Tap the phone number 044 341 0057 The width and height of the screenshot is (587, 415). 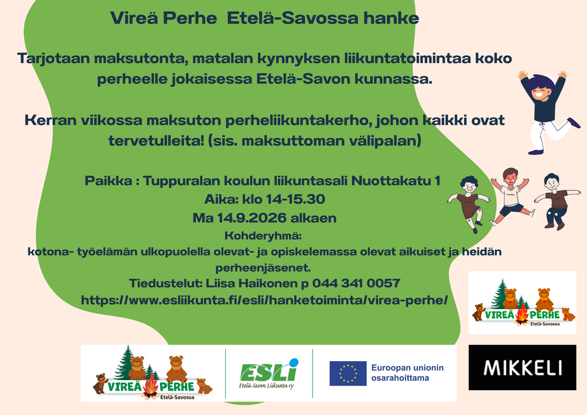(x=356, y=283)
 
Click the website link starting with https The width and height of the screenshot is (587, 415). (x=264, y=300)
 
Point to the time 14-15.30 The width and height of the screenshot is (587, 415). (x=295, y=199)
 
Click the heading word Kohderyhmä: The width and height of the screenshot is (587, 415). (x=263, y=236)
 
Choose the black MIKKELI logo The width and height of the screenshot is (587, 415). (x=522, y=368)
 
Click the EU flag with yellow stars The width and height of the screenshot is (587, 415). (x=348, y=373)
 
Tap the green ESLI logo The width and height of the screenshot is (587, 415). (x=269, y=373)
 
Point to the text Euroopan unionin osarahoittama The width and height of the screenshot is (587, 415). (x=407, y=373)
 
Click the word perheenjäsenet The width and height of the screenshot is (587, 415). (x=263, y=268)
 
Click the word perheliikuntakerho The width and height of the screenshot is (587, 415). (x=299, y=121)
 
